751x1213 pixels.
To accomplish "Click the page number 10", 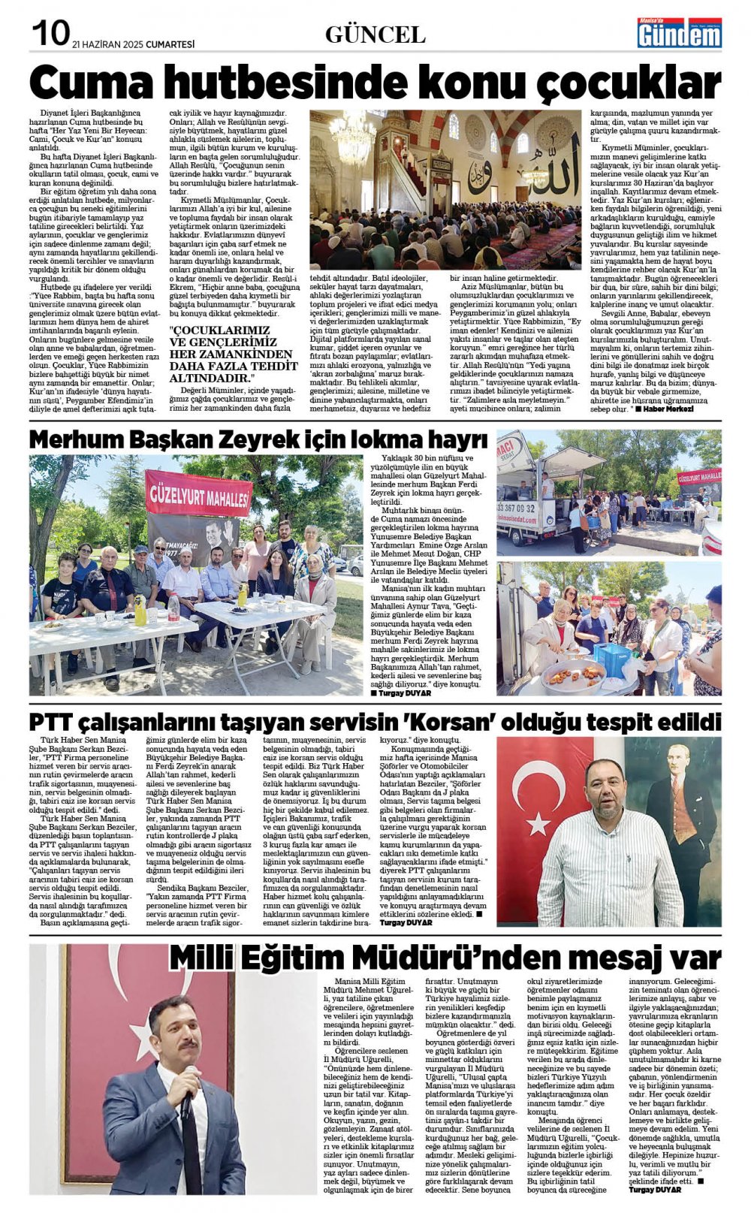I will click(50, 32).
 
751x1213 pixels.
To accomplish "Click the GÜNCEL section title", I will click(375, 35).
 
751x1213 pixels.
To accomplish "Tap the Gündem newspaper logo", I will click(679, 33).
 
